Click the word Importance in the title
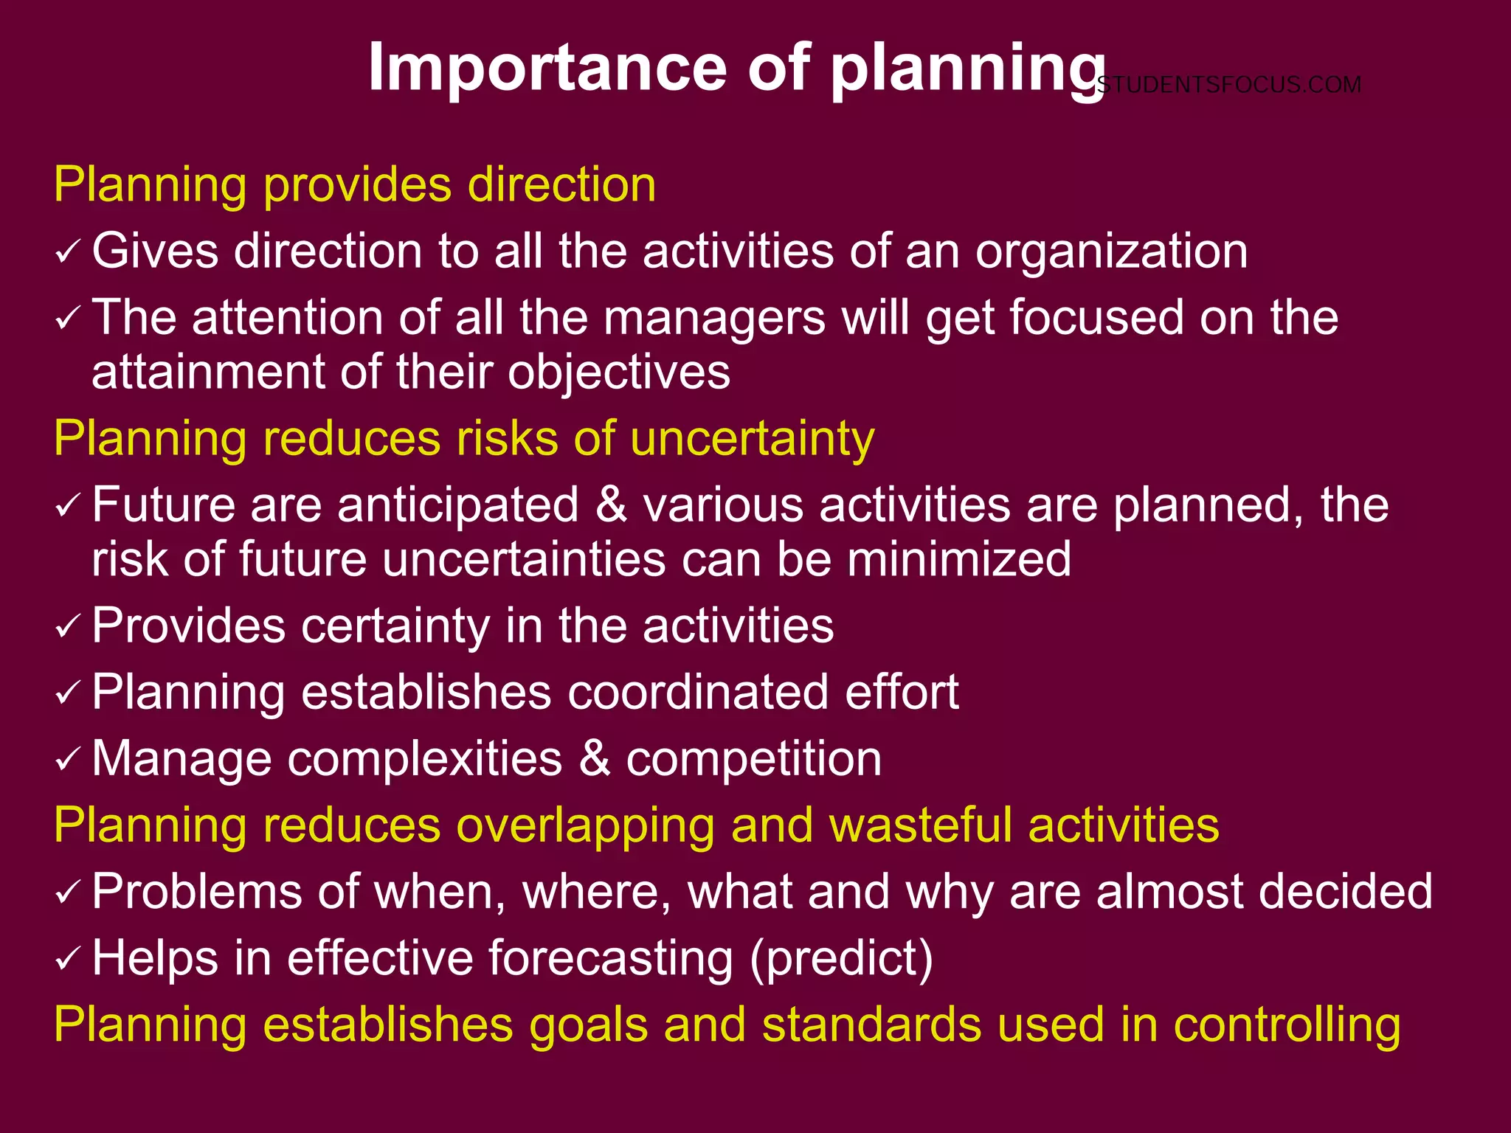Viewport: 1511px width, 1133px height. (x=547, y=68)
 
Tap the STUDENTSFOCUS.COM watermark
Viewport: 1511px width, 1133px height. (x=1228, y=85)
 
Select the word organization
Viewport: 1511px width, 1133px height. (x=1112, y=252)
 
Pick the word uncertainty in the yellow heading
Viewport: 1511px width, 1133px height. (x=752, y=439)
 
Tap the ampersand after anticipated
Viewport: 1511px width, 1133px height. (x=611, y=505)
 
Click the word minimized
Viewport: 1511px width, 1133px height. (x=958, y=559)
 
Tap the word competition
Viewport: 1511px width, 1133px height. (x=753, y=759)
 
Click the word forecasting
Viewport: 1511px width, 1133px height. (x=611, y=958)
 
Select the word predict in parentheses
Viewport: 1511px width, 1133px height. (x=842, y=958)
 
